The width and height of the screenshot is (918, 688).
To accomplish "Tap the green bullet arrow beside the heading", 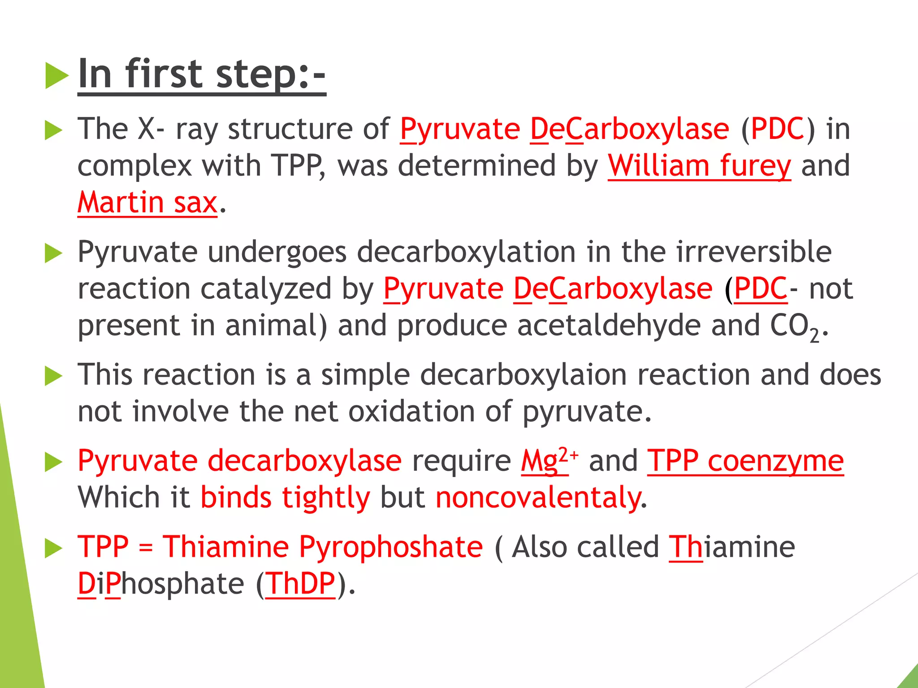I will tap(56, 76).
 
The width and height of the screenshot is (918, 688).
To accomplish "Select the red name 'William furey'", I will tap(699, 166).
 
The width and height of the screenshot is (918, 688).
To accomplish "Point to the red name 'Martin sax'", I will tap(147, 202).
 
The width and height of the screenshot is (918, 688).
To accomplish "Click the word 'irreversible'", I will tap(753, 252).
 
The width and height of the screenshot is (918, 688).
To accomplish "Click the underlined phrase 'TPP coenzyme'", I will tap(745, 461).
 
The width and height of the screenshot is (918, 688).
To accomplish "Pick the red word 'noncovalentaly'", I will tap(538, 498).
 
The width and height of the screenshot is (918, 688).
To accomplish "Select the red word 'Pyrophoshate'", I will tap(390, 547).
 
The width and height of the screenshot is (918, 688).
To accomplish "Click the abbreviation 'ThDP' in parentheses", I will tap(300, 584).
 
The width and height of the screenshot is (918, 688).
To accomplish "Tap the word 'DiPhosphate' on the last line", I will tap(160, 584).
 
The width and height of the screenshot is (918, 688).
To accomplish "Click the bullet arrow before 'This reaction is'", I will tap(54, 376).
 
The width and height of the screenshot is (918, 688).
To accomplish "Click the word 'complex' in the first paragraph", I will tap(134, 166).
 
